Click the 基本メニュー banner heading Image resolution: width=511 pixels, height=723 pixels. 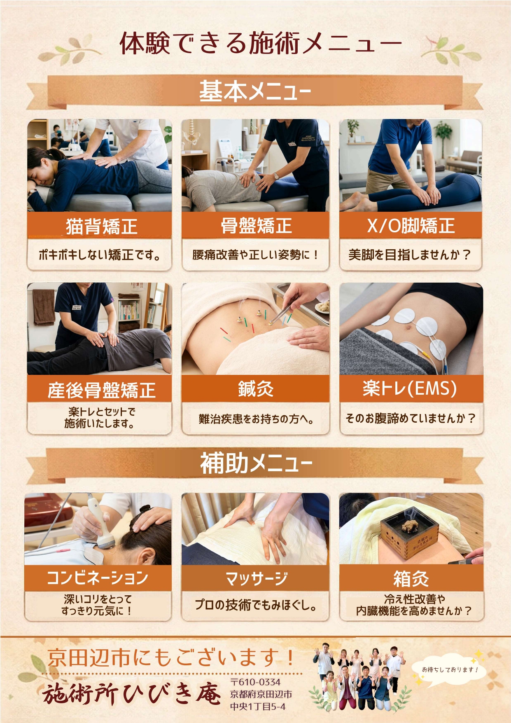255,91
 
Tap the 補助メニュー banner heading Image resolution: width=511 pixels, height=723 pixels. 256,463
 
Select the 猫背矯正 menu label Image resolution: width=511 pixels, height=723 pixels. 101,226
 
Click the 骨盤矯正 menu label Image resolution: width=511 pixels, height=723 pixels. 256,226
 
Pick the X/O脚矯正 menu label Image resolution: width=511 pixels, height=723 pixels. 411,226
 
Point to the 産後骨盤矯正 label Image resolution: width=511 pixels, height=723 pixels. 101,390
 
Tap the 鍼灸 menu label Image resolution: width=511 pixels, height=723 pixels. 256,388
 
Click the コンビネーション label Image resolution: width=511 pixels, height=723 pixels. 98,578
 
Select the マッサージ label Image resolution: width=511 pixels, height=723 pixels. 256,578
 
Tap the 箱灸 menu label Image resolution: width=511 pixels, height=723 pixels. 411,578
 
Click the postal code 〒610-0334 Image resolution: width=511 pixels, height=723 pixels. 255,682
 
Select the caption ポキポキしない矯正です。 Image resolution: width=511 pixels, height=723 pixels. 99,255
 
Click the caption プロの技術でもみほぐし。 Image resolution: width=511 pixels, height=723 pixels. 256,605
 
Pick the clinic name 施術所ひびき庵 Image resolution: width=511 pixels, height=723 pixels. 132,694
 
